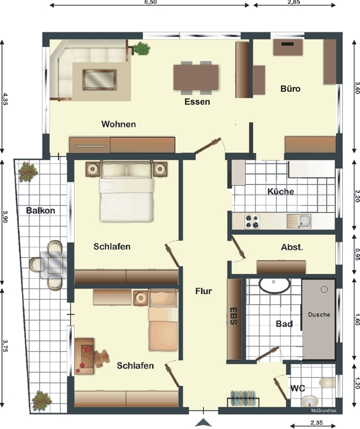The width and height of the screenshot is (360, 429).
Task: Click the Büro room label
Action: [290, 88]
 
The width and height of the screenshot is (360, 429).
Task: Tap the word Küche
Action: [281, 191]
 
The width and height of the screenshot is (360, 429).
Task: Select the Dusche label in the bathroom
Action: [319, 315]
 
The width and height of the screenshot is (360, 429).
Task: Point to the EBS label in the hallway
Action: [233, 316]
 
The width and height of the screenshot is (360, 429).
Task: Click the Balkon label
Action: [41, 210]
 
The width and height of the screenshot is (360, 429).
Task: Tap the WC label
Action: [298, 388]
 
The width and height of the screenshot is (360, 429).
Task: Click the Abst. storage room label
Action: [292, 247]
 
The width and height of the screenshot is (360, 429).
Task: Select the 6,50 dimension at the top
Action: [151, 2]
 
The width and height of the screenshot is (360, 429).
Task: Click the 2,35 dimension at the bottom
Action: [316, 423]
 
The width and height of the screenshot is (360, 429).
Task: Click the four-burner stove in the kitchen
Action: [252, 221]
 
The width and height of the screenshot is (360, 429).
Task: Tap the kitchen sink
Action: [299, 221]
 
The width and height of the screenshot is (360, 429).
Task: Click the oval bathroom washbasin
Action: [274, 286]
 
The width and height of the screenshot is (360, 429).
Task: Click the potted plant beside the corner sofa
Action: [141, 49]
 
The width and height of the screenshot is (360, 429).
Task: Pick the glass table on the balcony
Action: [55, 264]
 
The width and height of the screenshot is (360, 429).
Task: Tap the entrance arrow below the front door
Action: [203, 423]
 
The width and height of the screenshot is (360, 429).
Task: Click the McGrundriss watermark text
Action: [324, 411]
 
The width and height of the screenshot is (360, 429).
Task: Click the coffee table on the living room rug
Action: [100, 79]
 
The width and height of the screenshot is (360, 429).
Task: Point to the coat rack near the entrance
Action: [243, 399]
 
